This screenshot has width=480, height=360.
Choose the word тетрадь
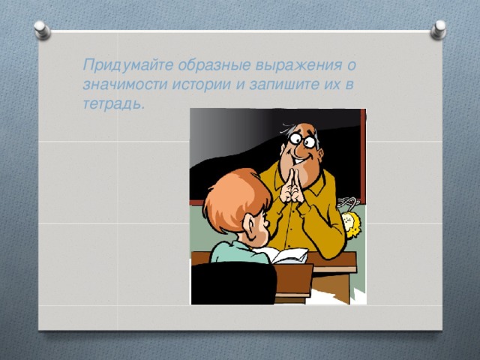[x=112, y=103]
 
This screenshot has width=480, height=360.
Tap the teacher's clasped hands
[x=292, y=184]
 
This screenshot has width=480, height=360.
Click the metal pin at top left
[x=43, y=29]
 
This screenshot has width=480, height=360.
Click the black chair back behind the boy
[x=232, y=285]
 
